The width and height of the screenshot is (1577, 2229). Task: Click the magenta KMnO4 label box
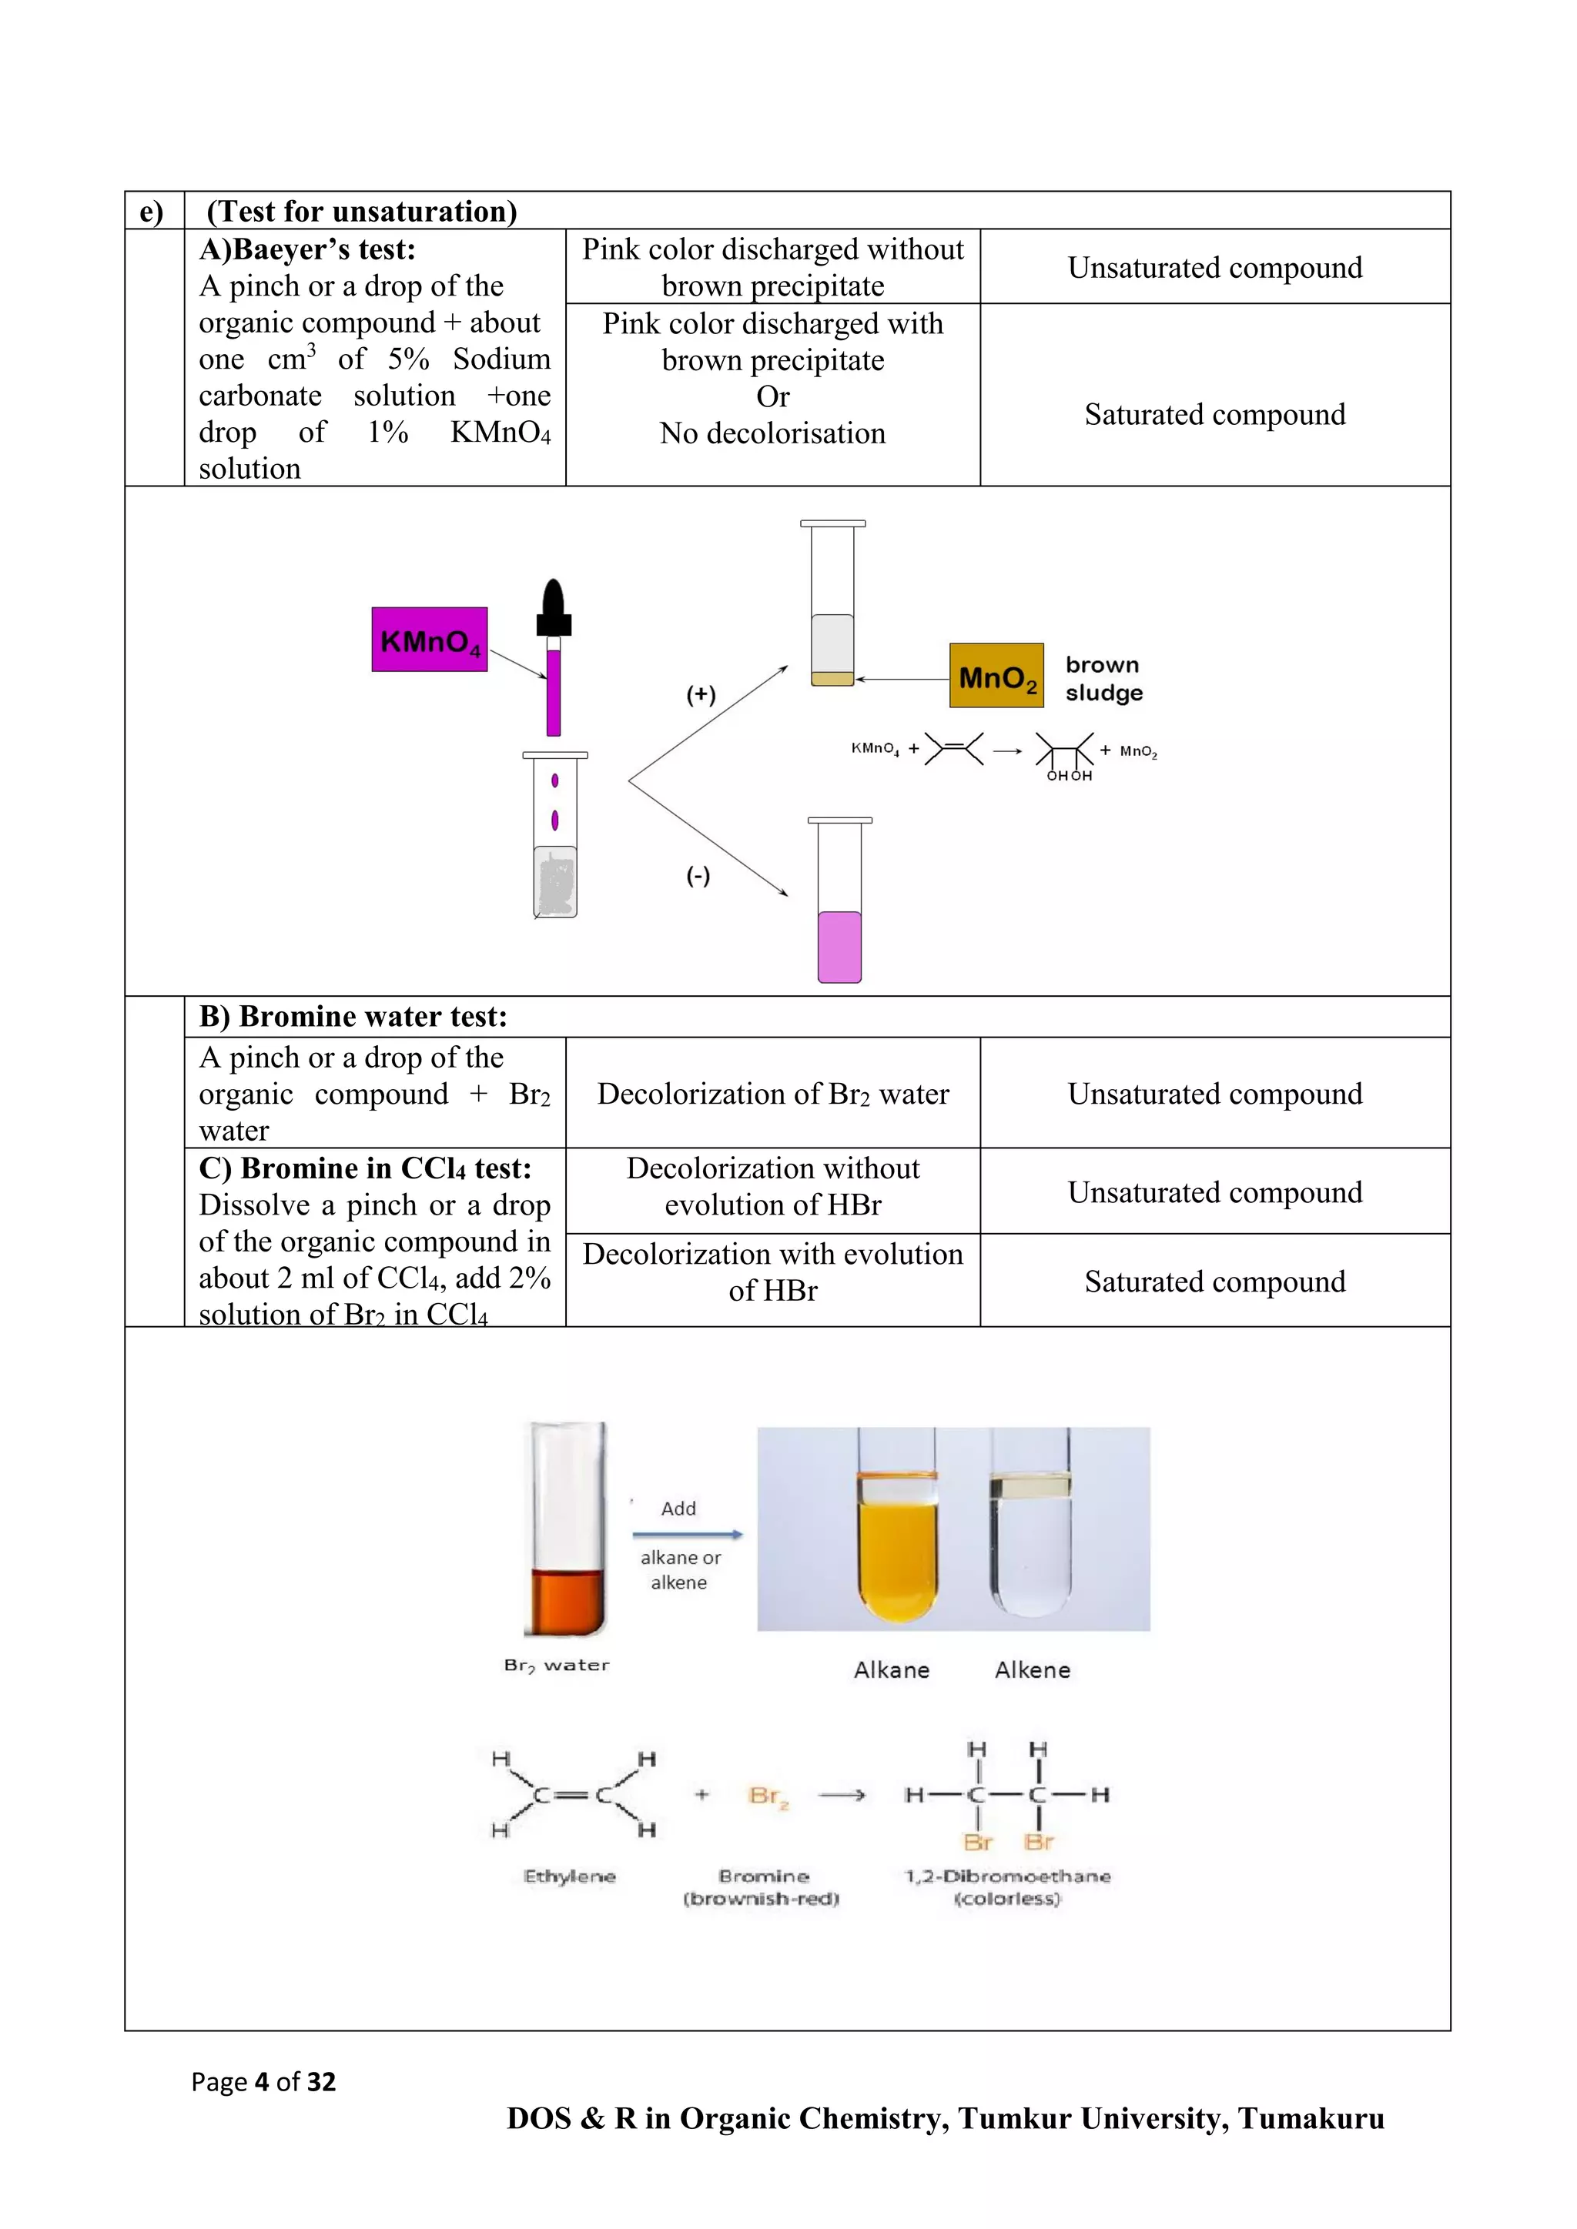[429, 640]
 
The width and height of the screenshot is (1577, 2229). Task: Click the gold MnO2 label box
[996, 676]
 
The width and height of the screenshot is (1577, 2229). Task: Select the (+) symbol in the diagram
[700, 694]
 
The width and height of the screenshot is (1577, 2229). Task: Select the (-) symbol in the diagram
[698, 876]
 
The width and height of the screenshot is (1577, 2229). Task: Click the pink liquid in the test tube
[839, 947]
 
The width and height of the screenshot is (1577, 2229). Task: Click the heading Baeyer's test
[307, 249]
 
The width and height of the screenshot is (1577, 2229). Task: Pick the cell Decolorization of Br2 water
[773, 1094]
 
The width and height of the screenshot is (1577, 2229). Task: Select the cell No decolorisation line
[773, 433]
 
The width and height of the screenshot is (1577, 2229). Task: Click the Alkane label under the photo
[892, 1669]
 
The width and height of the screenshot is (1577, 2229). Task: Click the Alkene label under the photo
[1033, 1669]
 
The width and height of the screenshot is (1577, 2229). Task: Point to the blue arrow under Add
[687, 1534]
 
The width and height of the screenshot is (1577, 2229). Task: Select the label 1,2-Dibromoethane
[1007, 1876]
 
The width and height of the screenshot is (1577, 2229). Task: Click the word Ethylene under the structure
[569, 1876]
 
